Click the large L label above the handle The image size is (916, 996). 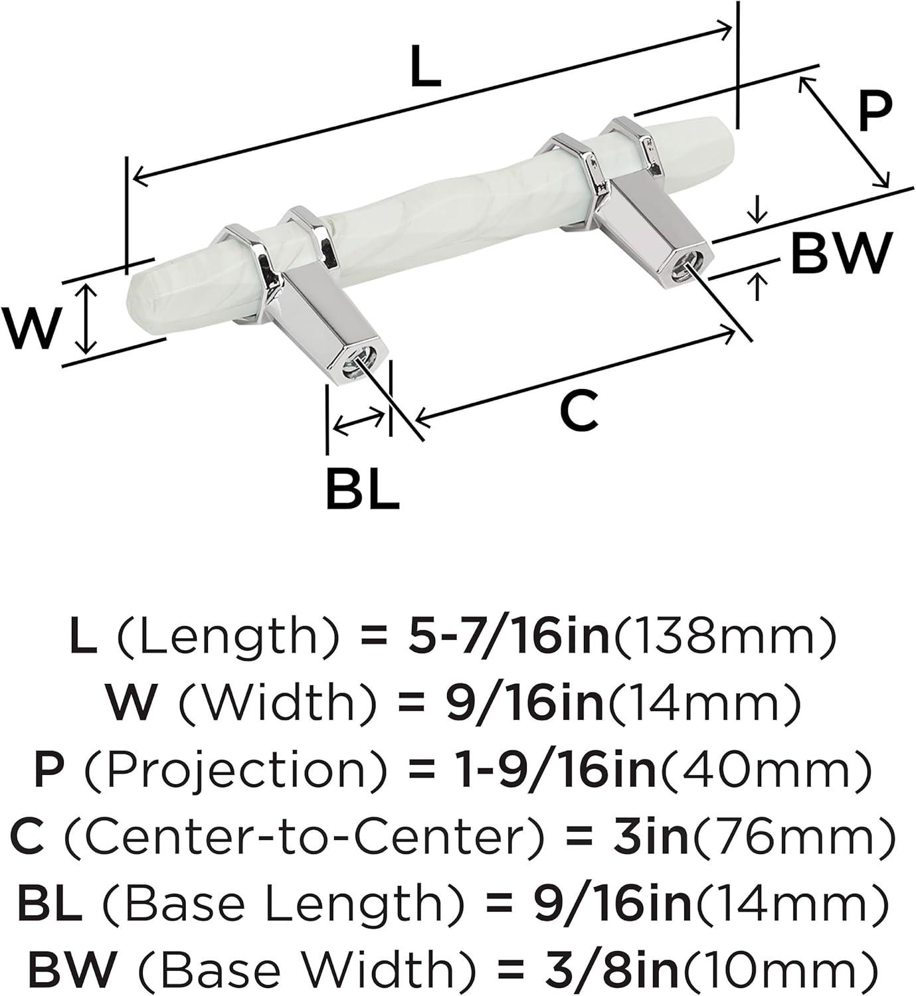pyautogui.click(x=426, y=66)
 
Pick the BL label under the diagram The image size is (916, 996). pyautogui.click(x=363, y=488)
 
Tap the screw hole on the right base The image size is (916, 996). pyautogui.click(x=680, y=269)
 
